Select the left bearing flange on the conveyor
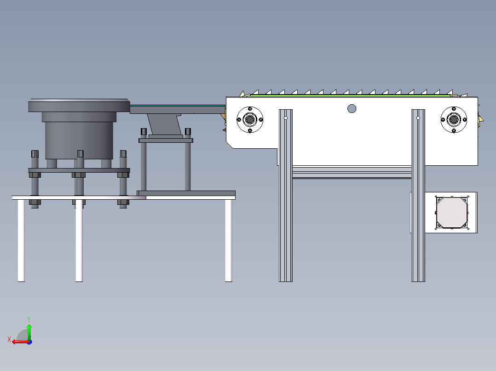(250, 120)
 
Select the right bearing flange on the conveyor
(454, 120)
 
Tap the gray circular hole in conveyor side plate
(352, 109)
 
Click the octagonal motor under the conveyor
(452, 213)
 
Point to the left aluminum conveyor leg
(286, 196)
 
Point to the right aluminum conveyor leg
(418, 196)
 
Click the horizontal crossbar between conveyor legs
(352, 172)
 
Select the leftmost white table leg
(21, 240)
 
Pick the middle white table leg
(79, 240)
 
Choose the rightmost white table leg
(228, 240)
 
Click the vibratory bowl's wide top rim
(79, 106)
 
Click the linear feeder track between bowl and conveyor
(178, 109)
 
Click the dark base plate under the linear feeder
(186, 193)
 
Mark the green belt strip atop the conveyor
(351, 95)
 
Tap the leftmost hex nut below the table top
(35, 202)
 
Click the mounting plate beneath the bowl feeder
(79, 170)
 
